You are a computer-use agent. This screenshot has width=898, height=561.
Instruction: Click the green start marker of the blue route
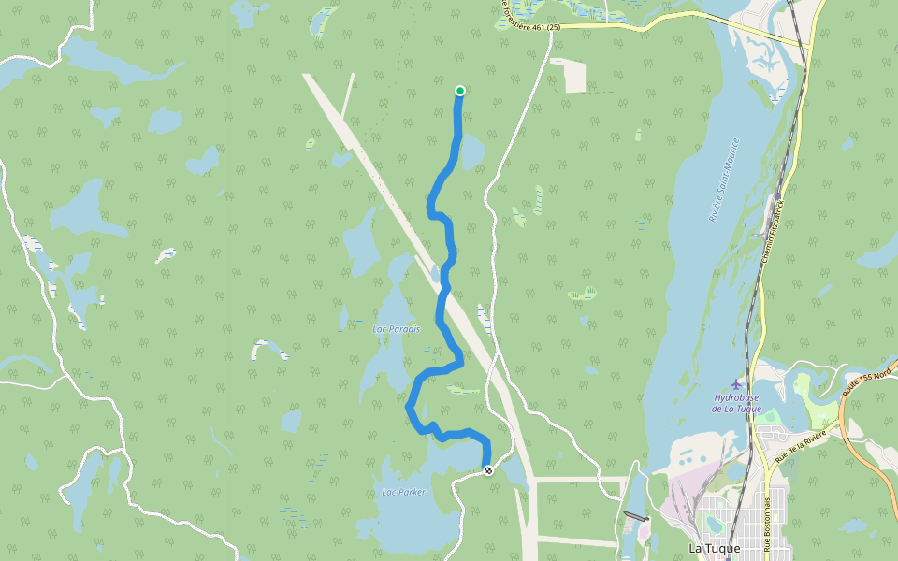460,91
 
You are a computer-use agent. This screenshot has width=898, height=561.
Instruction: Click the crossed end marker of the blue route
487,470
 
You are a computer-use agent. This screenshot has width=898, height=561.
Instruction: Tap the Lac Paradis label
397,329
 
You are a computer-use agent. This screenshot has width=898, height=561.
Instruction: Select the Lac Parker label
403,492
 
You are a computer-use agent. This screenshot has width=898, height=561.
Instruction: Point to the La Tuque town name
714,548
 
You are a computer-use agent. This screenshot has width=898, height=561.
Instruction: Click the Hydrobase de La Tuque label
736,403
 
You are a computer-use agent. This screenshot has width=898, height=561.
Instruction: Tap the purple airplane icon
737,384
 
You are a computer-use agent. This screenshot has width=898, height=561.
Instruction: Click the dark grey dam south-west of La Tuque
635,516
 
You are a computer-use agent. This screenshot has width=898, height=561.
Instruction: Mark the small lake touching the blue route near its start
471,150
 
